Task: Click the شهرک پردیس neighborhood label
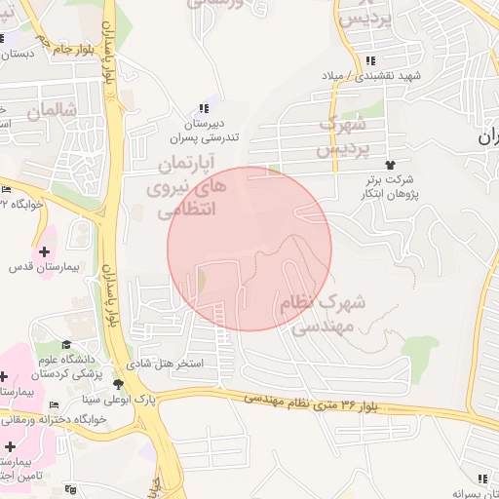click(343, 138)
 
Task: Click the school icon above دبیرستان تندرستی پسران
click(203, 108)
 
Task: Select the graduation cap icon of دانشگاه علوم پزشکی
click(66, 344)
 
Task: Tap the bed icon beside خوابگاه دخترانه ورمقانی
click(54, 404)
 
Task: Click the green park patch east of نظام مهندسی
click(420, 347)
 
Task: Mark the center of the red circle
click(249, 249)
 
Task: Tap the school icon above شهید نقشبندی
click(371, 60)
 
